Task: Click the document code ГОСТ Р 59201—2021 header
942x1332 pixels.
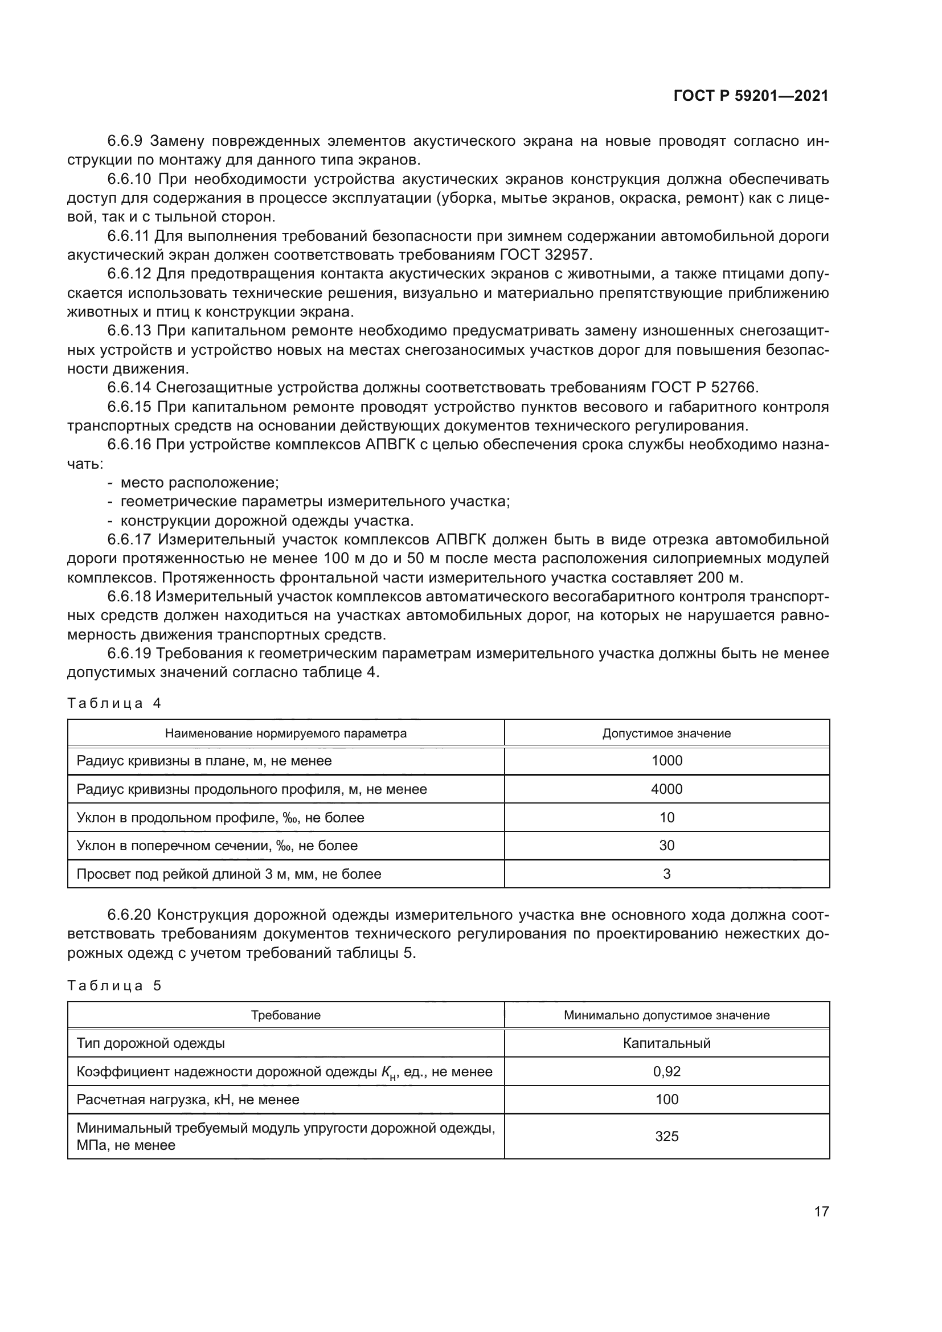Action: tap(751, 96)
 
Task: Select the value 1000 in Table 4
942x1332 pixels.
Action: tap(666, 761)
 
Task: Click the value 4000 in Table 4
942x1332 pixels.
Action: tap(666, 789)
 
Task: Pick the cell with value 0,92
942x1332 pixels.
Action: tap(666, 1072)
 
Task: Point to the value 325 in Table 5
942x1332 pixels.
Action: tap(666, 1137)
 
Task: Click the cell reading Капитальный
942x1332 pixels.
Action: tap(666, 1043)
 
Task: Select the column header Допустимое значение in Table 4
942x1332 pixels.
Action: tap(666, 733)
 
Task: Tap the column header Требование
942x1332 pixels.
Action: tap(285, 1015)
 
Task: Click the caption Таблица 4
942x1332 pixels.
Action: tap(114, 704)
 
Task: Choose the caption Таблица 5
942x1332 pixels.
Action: tap(114, 986)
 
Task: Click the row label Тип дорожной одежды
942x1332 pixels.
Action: tap(151, 1043)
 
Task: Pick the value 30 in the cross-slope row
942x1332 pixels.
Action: tap(666, 845)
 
